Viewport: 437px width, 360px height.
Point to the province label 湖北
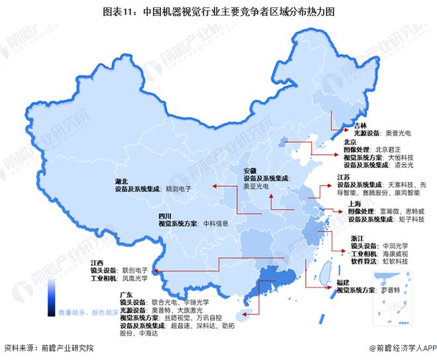coord(122,180)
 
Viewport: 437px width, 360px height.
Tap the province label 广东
coord(127,292)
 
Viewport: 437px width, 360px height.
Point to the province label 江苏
coord(344,177)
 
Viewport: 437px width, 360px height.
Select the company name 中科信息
coord(217,224)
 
